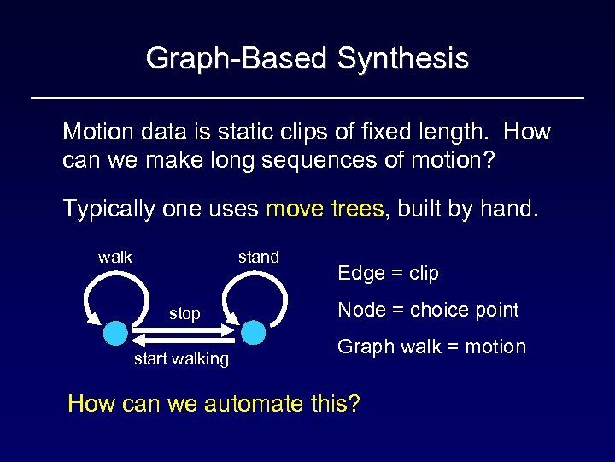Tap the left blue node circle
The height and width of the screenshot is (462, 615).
115,332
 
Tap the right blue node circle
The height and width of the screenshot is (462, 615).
254,331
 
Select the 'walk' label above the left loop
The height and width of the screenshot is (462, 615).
115,257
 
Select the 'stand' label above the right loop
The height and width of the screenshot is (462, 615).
258,257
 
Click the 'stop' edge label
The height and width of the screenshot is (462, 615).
184,314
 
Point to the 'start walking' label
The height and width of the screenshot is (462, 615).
181,359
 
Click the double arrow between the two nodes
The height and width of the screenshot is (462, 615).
184,332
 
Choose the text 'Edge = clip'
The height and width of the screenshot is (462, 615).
388,274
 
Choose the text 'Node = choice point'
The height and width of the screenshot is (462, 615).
428,310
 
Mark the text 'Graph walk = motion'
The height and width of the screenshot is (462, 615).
431,346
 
